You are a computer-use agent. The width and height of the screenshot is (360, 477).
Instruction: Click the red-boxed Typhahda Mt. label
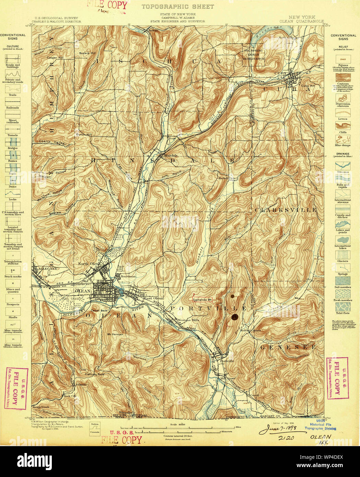202,299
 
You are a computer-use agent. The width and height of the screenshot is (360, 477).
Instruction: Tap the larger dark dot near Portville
235,317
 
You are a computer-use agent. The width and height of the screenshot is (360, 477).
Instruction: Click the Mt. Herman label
115,334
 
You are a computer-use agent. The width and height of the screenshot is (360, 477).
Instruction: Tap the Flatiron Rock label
94,374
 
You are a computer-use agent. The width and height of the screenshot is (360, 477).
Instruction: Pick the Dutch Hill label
84,135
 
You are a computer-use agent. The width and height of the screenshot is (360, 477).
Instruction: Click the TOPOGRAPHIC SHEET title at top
177,7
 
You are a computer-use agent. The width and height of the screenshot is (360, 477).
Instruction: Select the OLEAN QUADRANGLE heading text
301,21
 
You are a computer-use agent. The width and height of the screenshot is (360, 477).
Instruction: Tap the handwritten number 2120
286,438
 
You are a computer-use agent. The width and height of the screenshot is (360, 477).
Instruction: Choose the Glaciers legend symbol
342,255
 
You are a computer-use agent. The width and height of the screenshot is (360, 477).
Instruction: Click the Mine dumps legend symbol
342,139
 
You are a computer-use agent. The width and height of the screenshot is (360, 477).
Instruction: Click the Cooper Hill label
55,58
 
